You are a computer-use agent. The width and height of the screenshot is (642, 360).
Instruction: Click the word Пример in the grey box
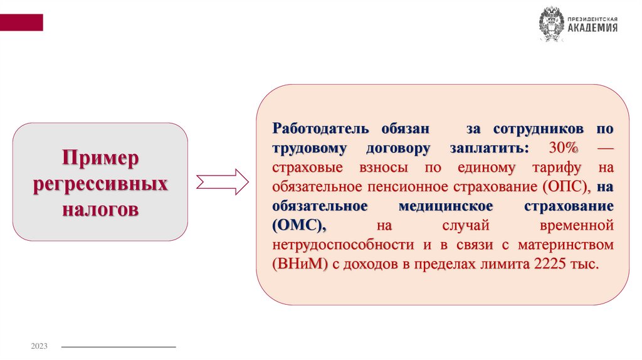tap(100, 158)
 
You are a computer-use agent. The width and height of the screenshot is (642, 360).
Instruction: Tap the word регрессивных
tap(100, 184)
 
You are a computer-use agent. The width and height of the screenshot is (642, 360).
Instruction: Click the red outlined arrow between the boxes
tap(223, 181)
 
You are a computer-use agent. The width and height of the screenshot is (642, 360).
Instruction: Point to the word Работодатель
tap(320, 129)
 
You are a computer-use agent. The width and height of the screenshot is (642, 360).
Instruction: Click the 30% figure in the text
tap(564, 148)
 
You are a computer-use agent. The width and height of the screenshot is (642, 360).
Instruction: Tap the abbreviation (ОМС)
tap(300, 226)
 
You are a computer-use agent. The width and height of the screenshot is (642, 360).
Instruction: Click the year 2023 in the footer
tap(39, 347)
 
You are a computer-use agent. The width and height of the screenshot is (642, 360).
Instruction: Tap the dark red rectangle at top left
tap(21, 23)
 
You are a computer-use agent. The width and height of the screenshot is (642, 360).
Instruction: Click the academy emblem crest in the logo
tap(551, 25)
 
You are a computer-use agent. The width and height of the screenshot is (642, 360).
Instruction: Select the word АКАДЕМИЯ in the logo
tap(592, 28)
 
